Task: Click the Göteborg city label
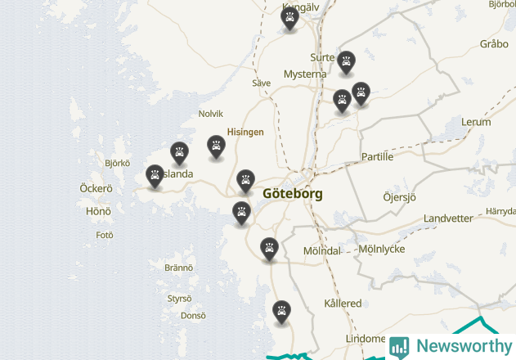pyautogui.click(x=293, y=194)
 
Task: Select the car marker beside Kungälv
pyautogui.click(x=289, y=18)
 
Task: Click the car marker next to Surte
pyautogui.click(x=347, y=61)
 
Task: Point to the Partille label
pyautogui.click(x=377, y=156)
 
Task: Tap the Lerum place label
pyautogui.click(x=476, y=122)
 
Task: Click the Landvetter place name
pyautogui.click(x=448, y=218)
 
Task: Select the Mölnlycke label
pyautogui.click(x=382, y=249)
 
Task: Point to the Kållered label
pyautogui.click(x=343, y=304)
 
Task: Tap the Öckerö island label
pyautogui.click(x=96, y=188)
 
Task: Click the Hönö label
pyautogui.click(x=98, y=211)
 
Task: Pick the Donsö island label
pyautogui.click(x=193, y=315)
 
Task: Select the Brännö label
pyautogui.click(x=178, y=268)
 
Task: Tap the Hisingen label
pyautogui.click(x=245, y=132)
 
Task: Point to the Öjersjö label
pyautogui.click(x=400, y=197)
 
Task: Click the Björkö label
pyautogui.click(x=118, y=163)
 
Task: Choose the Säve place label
pyautogui.click(x=261, y=83)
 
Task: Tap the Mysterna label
pyautogui.click(x=305, y=74)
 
